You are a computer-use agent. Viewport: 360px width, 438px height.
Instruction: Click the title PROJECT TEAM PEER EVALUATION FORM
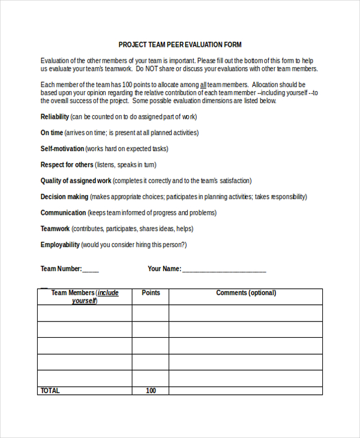180,45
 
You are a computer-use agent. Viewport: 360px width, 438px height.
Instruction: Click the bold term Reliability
55,117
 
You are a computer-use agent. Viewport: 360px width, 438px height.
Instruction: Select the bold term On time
52,133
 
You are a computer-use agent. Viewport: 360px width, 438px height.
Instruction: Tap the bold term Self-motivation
62,149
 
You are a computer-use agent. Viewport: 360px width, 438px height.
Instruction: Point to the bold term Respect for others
67,164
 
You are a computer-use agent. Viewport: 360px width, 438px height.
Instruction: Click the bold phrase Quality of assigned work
76,181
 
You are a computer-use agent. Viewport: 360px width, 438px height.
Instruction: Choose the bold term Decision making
64,197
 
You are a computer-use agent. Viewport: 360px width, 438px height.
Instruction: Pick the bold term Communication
63,213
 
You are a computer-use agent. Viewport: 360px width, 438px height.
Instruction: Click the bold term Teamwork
55,229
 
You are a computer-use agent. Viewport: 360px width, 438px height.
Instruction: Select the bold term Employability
60,245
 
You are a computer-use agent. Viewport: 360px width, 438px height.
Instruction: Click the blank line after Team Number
91,269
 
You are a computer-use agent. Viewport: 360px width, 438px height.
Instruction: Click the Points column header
151,293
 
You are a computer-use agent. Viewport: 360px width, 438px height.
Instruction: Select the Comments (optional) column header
246,293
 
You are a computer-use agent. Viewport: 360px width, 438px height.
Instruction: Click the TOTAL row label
50,391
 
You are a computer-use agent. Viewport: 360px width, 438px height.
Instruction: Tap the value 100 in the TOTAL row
151,391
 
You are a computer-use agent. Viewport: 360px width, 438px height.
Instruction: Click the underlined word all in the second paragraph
203,85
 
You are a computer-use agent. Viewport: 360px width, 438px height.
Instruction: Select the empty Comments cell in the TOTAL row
246,391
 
